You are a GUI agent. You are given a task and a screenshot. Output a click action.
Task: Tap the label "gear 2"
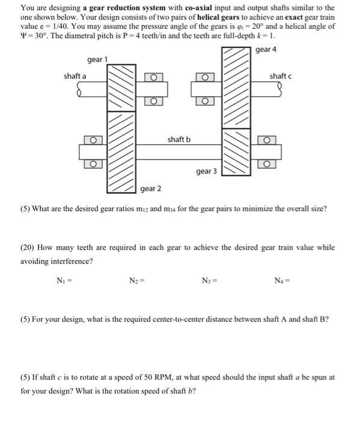pyautogui.click(x=150, y=189)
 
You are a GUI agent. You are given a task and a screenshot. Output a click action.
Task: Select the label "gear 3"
pyautogui.click(x=206, y=171)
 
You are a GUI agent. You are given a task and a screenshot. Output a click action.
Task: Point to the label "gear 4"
pyautogui.click(x=266, y=49)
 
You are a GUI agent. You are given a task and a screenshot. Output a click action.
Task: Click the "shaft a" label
pyautogui.click(x=75, y=76)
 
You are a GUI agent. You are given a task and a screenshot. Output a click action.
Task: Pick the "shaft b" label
pyautogui.click(x=179, y=140)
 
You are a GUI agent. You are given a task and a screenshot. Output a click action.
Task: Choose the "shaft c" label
pyautogui.click(x=280, y=76)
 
